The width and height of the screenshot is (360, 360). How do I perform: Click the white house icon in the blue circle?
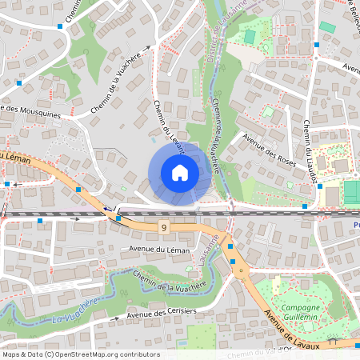click(179, 172)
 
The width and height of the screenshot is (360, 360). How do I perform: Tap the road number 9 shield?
click(164, 228)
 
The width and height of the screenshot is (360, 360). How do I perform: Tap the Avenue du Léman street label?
click(160, 250)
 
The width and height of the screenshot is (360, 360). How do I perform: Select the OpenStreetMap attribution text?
click(81, 354)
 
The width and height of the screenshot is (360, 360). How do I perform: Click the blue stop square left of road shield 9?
click(118, 218)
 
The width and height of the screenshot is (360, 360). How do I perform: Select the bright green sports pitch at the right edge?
click(352, 192)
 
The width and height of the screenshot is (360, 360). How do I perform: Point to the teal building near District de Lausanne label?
click(250, 37)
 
